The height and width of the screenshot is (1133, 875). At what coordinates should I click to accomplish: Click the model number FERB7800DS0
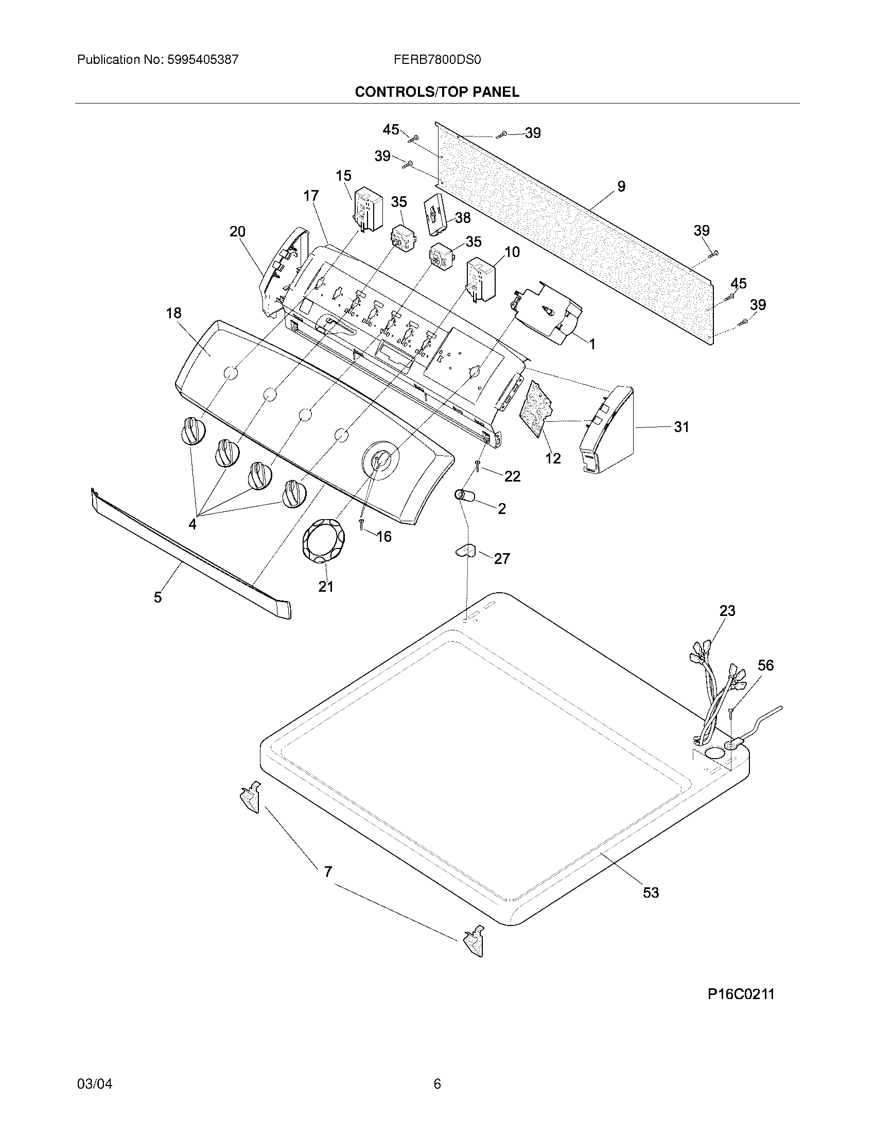(x=437, y=60)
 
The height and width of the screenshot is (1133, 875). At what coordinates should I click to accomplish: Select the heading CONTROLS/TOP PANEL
(x=436, y=92)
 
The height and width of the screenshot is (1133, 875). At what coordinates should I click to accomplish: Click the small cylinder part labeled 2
(x=465, y=496)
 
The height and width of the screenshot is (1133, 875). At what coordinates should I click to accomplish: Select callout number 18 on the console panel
(x=173, y=313)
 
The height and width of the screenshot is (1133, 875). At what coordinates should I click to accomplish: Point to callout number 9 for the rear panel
(x=621, y=186)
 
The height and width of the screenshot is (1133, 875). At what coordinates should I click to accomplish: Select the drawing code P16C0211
(x=741, y=994)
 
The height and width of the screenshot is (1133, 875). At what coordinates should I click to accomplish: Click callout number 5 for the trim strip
(x=157, y=597)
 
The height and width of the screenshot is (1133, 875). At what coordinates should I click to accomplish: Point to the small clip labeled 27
(x=466, y=550)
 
